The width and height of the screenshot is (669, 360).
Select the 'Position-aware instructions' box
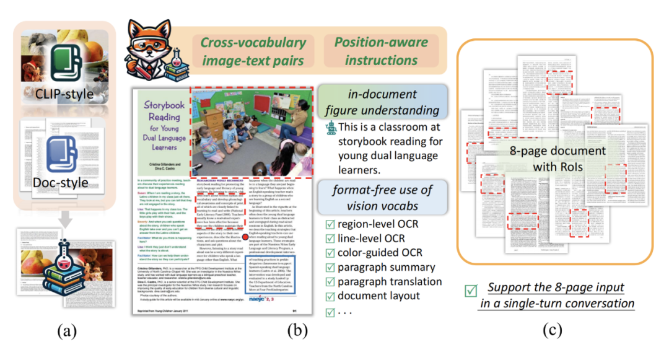click(381, 51)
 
